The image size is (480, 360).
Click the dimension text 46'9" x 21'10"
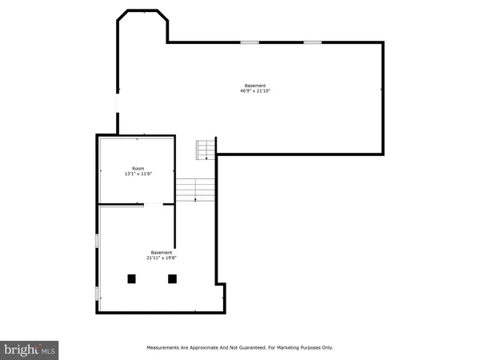point(255,91)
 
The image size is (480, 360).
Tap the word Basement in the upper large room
point(255,86)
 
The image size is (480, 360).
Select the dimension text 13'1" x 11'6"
point(138,174)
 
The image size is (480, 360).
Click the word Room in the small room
point(138,168)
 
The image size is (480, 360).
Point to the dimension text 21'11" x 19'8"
point(162,258)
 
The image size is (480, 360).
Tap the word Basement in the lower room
point(162,253)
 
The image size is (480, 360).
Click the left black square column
point(132,278)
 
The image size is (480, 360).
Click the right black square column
point(172,278)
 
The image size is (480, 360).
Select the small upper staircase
point(206,150)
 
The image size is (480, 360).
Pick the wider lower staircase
point(197,190)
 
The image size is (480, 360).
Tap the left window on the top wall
point(250,42)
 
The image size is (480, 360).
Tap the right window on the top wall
point(312,42)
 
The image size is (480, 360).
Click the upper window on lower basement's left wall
point(97,240)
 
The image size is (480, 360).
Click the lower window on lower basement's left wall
point(97,294)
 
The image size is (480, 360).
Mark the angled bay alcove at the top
point(142,24)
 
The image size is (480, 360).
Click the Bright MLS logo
point(30,349)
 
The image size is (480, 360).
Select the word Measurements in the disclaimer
point(167,348)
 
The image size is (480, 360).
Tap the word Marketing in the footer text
point(284,348)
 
